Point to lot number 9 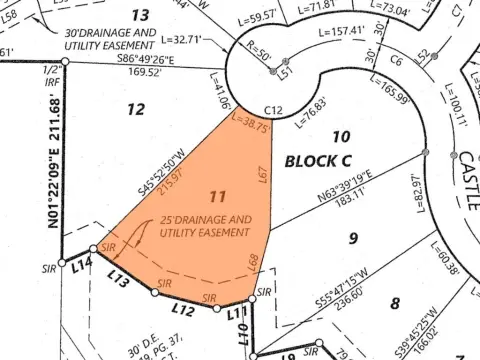pyautogui.click(x=351, y=237)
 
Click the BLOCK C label pyautogui.click(x=318, y=160)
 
